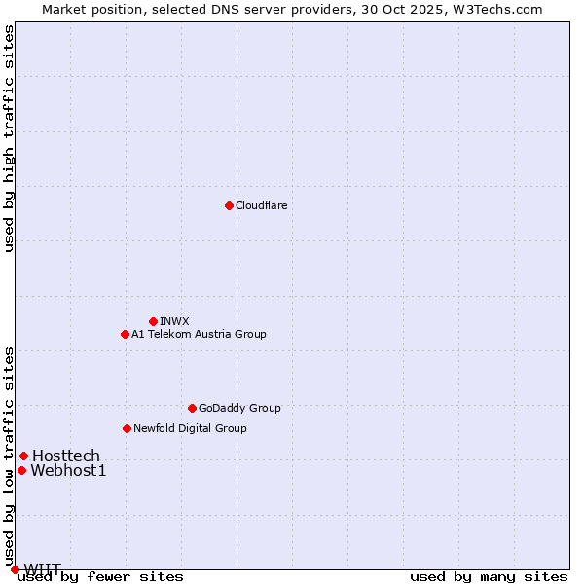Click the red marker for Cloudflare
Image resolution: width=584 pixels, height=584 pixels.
229,205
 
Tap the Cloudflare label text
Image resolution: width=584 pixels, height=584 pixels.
262,205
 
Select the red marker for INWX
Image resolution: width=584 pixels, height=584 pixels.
153,321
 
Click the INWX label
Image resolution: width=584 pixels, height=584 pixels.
174,321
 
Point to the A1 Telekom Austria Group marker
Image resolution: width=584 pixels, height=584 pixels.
125,334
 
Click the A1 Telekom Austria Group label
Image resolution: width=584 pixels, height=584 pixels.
199,334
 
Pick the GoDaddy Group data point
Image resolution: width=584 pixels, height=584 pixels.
192,408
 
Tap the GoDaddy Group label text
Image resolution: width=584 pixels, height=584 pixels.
239,408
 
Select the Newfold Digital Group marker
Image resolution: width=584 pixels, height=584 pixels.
127,428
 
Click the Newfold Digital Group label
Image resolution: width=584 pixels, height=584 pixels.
190,428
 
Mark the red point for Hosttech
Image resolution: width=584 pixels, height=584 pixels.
23,456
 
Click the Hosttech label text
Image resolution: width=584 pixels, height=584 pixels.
66,456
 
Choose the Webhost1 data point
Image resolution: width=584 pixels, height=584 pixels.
21,470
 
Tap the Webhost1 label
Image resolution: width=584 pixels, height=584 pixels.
68,471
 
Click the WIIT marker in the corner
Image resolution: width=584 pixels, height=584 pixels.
15,569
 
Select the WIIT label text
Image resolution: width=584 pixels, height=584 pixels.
42,568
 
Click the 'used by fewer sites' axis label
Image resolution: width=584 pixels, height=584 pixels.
101,577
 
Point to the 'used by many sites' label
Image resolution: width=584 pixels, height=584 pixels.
489,577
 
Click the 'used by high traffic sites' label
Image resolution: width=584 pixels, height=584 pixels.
9,138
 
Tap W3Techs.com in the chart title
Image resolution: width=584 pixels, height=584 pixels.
495,9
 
